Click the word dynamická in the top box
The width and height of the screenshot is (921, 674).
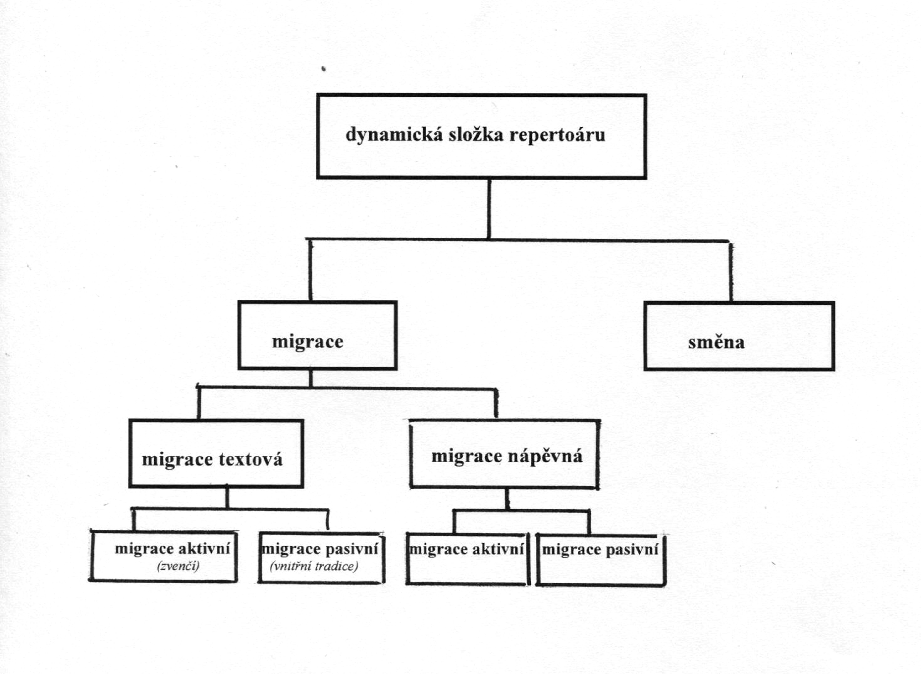click(394, 135)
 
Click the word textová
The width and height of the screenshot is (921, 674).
click(251, 460)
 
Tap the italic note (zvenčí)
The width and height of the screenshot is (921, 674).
click(178, 566)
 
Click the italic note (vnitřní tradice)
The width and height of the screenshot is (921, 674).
click(314, 566)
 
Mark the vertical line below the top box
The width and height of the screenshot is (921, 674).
click(489, 208)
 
